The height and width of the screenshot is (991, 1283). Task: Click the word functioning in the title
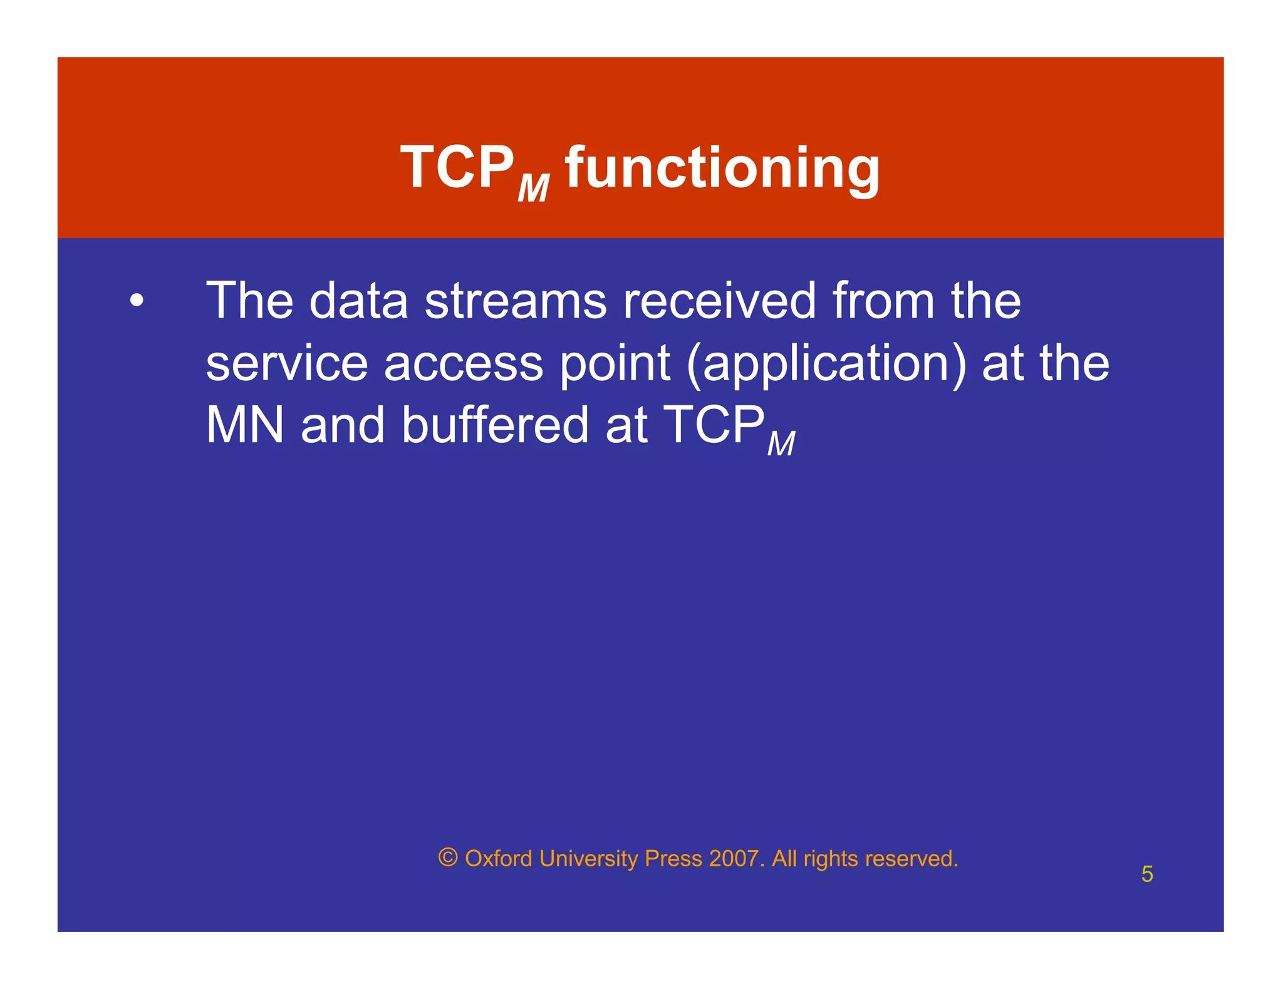pos(722,168)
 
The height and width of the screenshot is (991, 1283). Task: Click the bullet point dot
pos(137,301)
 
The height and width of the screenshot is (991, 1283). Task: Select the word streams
pos(516,301)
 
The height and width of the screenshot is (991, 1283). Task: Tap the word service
pos(286,363)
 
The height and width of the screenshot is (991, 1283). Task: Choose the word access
pos(463,363)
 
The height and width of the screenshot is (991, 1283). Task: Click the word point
pos(615,363)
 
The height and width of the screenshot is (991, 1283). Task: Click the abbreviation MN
pos(245,425)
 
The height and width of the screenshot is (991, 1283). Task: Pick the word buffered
pos(495,425)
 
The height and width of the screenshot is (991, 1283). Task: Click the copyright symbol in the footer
pos(448,857)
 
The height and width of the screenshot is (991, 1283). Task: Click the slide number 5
pos(1146,874)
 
